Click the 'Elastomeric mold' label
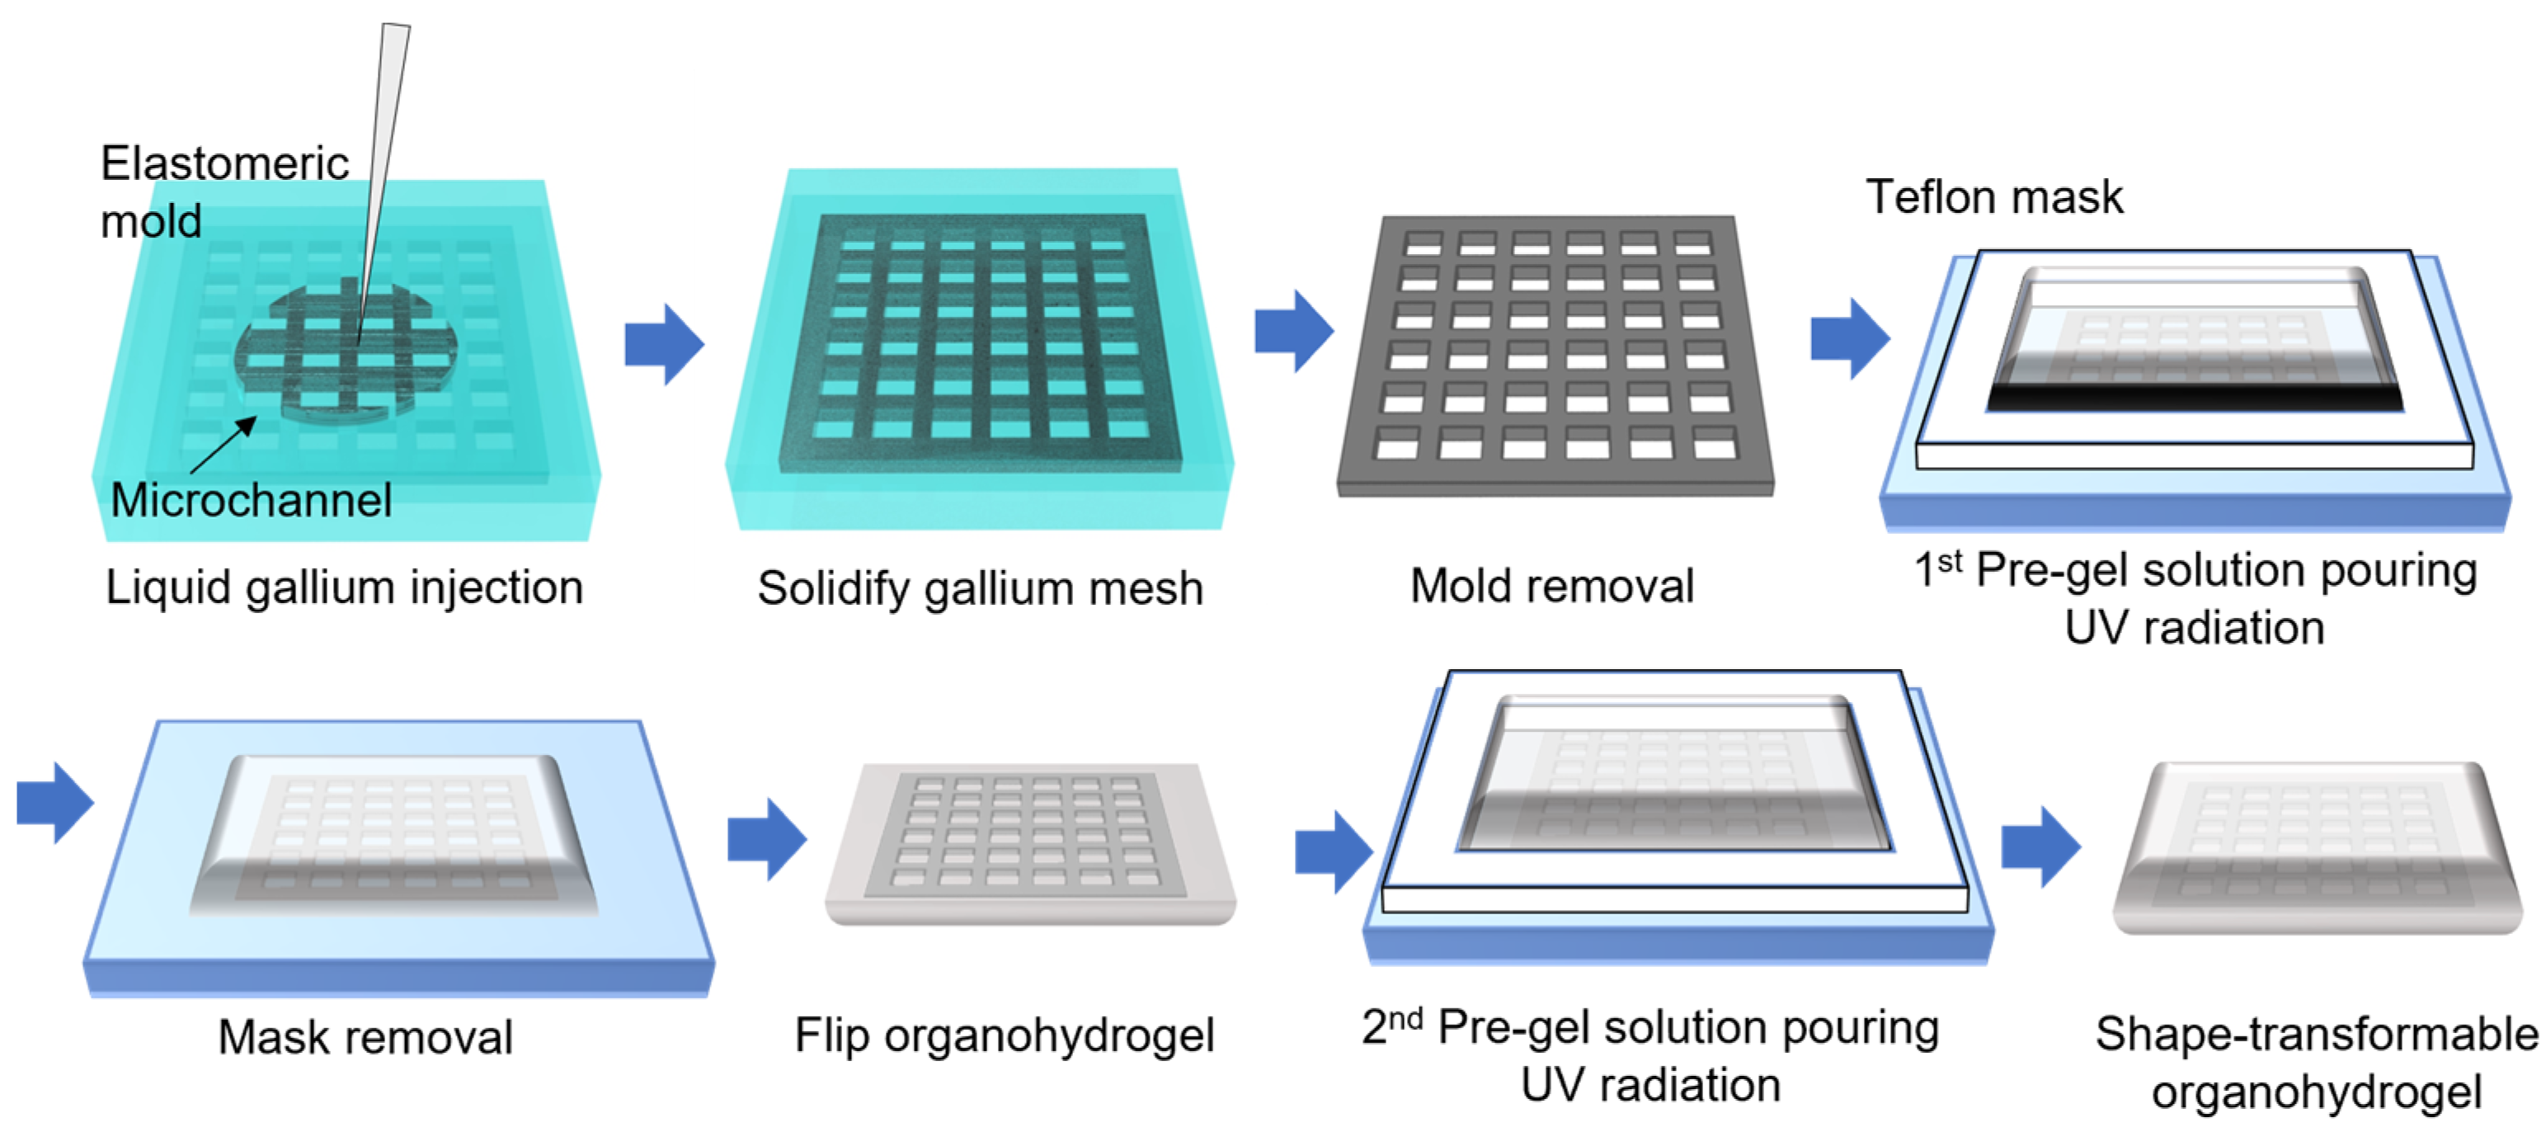click(224, 191)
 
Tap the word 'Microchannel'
click(251, 499)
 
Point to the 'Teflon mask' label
click(1993, 196)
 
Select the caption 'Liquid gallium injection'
click(344, 587)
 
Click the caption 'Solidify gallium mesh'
click(980, 588)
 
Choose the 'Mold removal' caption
click(1551, 585)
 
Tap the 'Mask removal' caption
click(365, 1037)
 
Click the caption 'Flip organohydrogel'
click(1005, 1036)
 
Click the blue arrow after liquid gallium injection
click(664, 344)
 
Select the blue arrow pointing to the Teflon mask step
click(1849, 338)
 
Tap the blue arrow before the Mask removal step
click(55, 802)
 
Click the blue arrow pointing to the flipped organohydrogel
click(767, 838)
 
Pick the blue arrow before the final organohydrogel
click(2041, 847)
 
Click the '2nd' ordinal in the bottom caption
click(1391, 1026)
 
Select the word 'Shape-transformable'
click(2316, 1034)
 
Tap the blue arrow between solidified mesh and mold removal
click(1294, 331)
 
